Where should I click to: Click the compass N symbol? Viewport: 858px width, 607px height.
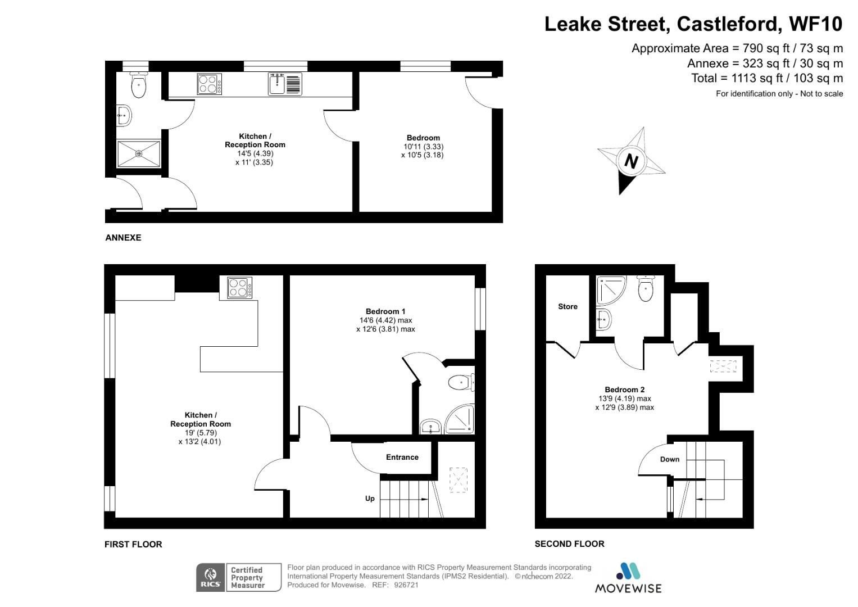pos(631,161)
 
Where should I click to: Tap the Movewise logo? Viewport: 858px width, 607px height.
pos(628,578)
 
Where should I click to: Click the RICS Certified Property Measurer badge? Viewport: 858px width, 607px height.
pos(238,577)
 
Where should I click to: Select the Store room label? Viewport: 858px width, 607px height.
pos(568,306)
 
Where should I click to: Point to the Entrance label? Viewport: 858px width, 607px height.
pos(402,457)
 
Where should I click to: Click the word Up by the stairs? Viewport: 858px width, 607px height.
pos(370,498)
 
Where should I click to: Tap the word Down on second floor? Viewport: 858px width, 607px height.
pos(669,459)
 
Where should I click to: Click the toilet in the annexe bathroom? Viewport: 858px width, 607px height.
pos(138,86)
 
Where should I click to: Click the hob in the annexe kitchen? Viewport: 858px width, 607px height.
pos(209,84)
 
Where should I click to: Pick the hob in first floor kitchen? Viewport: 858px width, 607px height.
pos(239,288)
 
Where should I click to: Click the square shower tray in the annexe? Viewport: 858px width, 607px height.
pos(139,153)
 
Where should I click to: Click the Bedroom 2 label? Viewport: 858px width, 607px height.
pos(624,389)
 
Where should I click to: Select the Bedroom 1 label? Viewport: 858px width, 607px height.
pos(385,311)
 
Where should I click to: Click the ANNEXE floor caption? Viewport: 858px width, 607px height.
pos(123,238)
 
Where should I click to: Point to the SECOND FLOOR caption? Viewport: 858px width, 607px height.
pos(569,543)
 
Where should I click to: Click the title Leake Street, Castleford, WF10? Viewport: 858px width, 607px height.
pos(693,24)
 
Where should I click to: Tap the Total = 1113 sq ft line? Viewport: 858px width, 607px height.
pos(766,78)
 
